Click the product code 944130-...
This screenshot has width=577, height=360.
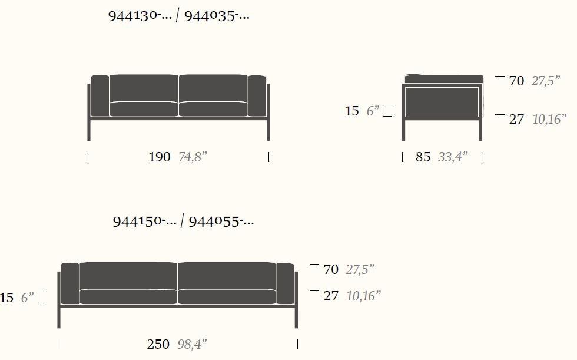point(140,16)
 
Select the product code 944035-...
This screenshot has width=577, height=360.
point(217,16)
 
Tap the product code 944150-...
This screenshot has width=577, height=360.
point(144,222)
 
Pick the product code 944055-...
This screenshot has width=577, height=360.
point(221,222)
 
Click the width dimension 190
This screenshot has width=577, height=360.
point(160,157)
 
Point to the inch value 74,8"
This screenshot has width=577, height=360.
point(193,157)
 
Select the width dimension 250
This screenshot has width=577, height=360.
point(158,344)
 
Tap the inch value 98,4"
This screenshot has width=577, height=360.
point(192,344)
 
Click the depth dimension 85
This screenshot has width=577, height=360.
point(423,157)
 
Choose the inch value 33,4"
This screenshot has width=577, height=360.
point(453,157)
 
